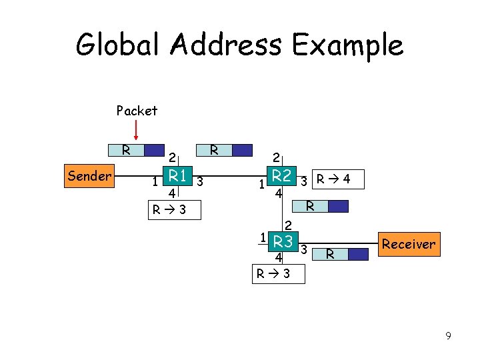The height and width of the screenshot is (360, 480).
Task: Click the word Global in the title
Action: tap(117, 45)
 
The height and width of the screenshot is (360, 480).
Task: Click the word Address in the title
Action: tap(225, 45)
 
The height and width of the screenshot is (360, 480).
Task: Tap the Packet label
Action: tap(137, 111)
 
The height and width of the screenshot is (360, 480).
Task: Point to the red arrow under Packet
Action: tap(136, 132)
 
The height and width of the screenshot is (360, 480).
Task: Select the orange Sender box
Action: tap(89, 176)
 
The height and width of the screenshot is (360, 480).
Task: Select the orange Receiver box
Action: tap(408, 244)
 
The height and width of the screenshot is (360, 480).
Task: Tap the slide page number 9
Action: tap(449, 336)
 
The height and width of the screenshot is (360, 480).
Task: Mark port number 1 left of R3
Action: tap(264, 237)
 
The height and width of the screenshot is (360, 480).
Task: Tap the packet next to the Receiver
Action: tap(341, 253)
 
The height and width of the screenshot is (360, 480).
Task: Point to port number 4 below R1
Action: tap(172, 194)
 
